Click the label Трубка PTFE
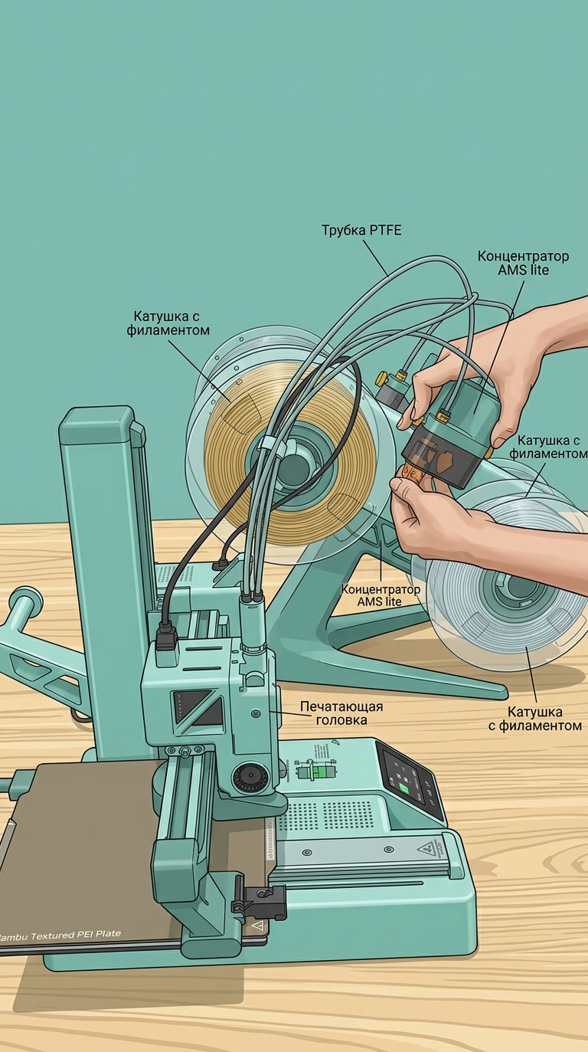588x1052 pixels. coord(361,230)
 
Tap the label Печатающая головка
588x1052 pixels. coord(341,713)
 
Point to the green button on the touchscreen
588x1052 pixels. coord(403,788)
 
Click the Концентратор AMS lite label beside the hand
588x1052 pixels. coord(523,263)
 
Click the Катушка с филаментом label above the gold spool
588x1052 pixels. coord(168,323)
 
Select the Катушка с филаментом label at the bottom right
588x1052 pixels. coord(535,718)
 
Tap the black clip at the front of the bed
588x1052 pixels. coord(259,900)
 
